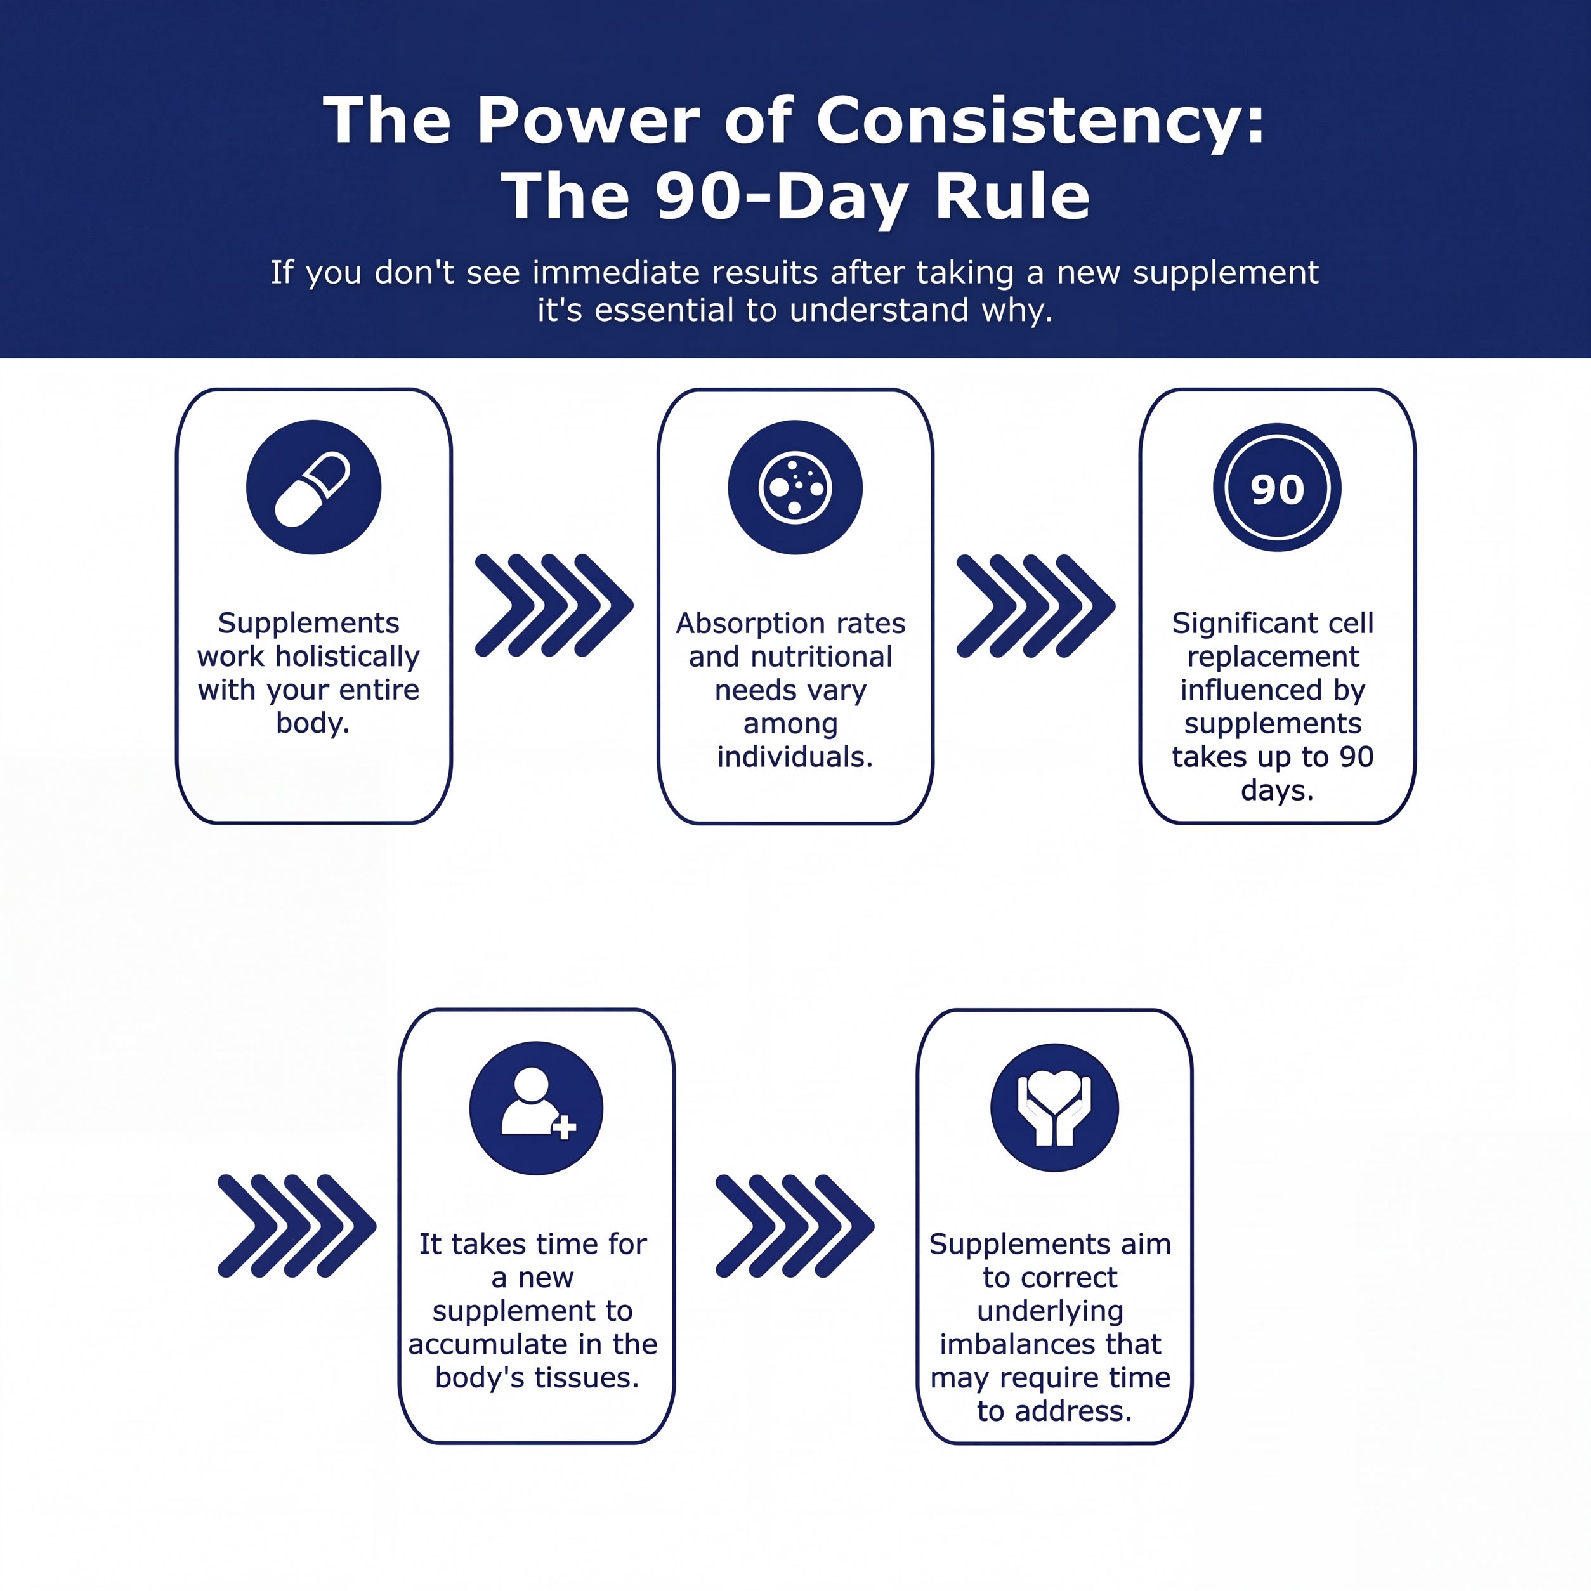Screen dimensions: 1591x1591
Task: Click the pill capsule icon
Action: pos(313,487)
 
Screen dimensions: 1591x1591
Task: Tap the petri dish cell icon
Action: pos(795,487)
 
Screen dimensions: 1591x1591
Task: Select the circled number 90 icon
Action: pos(1276,487)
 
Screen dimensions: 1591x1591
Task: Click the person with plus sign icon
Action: pos(536,1108)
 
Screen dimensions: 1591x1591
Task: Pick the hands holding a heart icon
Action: pos(1054,1108)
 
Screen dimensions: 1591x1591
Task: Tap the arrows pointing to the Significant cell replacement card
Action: pos(1036,605)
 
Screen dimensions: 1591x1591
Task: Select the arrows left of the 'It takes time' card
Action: pos(296,1226)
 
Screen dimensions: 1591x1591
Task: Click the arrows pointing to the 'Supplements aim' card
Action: pos(795,1226)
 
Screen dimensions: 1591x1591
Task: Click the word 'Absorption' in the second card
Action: pos(745,624)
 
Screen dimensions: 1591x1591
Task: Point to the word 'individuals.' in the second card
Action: pos(795,757)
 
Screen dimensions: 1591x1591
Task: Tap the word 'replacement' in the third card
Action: pos(1273,657)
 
